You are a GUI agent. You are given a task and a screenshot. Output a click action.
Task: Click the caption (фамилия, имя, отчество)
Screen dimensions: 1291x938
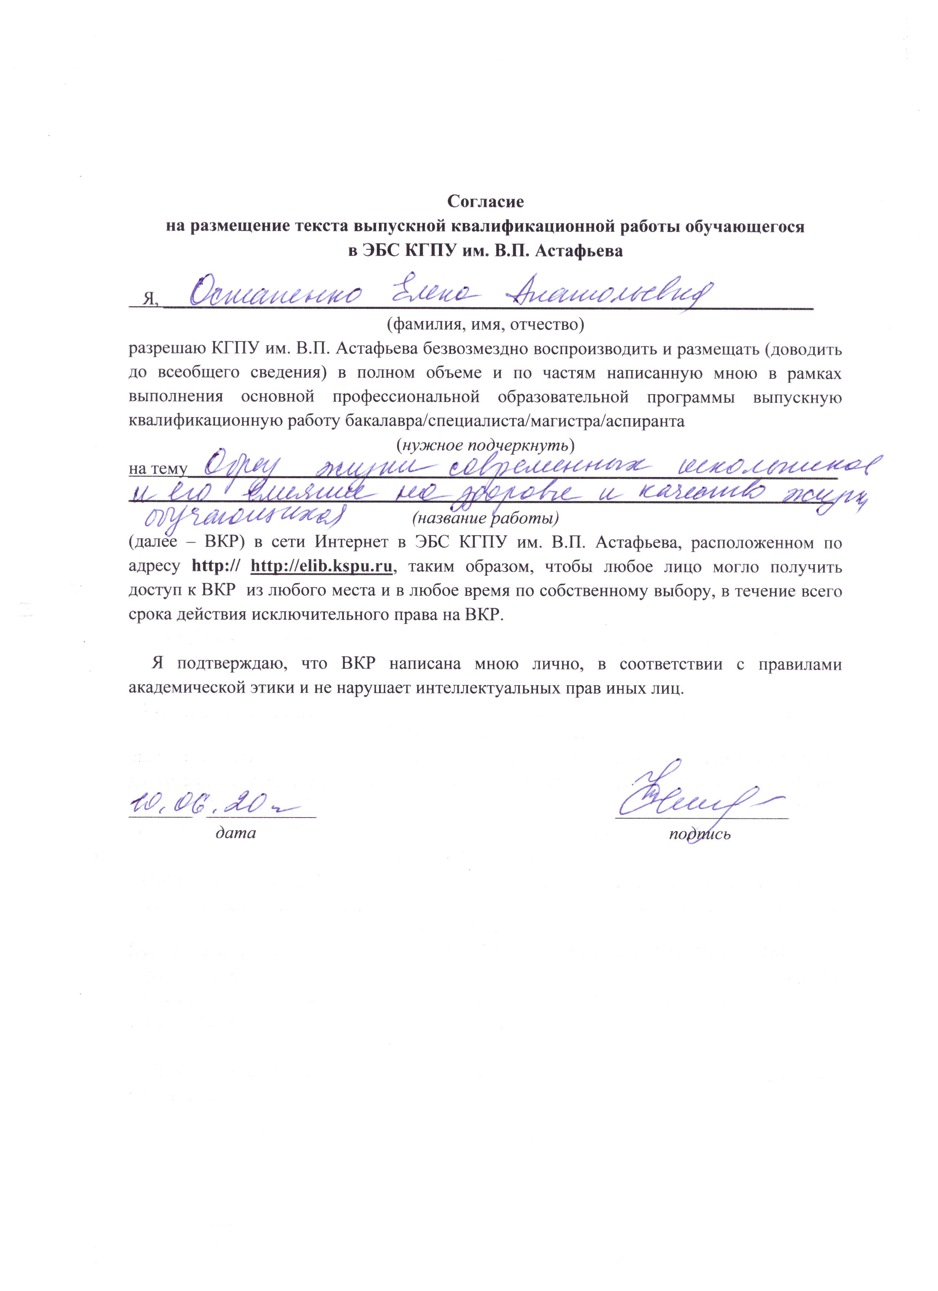click(x=485, y=326)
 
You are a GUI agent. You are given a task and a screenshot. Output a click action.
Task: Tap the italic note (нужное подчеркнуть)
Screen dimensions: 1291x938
click(x=485, y=444)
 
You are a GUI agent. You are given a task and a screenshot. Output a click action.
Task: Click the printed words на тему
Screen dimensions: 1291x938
click(x=158, y=469)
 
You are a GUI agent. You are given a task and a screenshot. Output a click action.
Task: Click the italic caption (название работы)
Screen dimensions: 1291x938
click(x=485, y=519)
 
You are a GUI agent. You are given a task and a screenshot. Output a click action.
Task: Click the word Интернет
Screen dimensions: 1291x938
click(x=354, y=543)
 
